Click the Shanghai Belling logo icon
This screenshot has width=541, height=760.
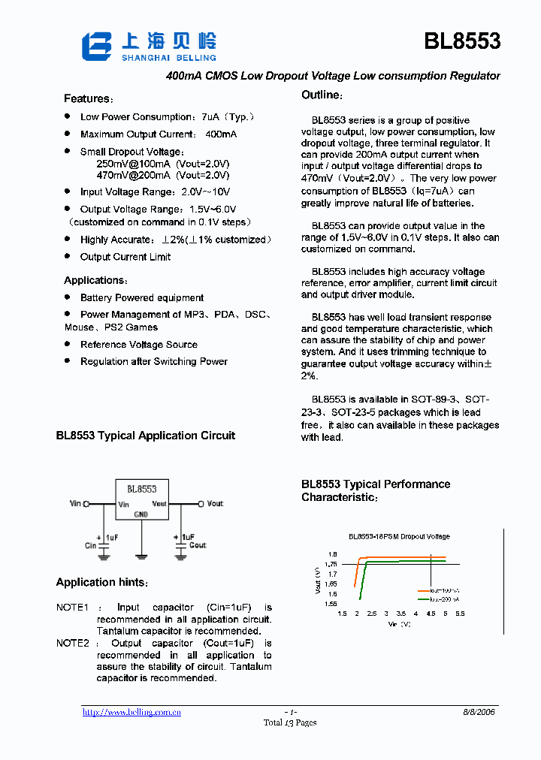[x=95, y=47]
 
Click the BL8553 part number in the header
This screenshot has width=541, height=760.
[x=461, y=42]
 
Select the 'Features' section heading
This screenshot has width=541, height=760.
[x=88, y=99]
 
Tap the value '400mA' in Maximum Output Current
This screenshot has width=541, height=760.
[x=220, y=134]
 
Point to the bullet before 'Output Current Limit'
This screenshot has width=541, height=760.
[x=67, y=256]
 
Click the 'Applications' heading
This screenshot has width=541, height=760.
[x=94, y=281]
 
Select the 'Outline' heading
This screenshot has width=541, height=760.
[x=322, y=95]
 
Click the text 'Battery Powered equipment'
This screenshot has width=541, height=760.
[x=142, y=298]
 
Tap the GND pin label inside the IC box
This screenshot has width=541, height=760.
[x=141, y=514]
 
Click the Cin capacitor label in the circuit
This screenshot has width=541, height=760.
[x=90, y=546]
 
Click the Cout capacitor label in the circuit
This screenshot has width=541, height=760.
[x=198, y=545]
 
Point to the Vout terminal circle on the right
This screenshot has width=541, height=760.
[x=201, y=504]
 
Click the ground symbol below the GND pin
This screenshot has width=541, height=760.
[x=141, y=556]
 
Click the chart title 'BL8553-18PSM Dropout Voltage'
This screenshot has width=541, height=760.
[x=398, y=536]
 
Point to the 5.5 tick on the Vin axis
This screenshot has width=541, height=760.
[x=460, y=614]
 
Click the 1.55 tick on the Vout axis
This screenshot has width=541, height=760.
[x=331, y=603]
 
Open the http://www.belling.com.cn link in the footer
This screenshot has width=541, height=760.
[x=131, y=713]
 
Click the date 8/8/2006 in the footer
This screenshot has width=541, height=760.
[x=478, y=712]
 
